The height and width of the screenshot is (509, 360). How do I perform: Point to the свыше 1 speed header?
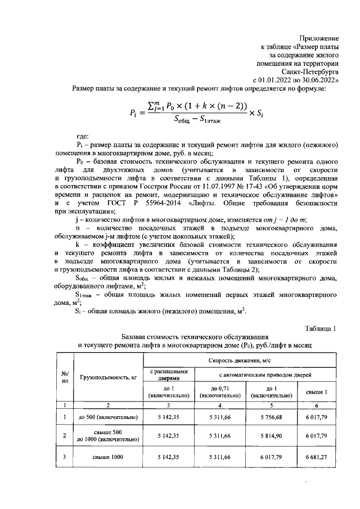317,391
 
